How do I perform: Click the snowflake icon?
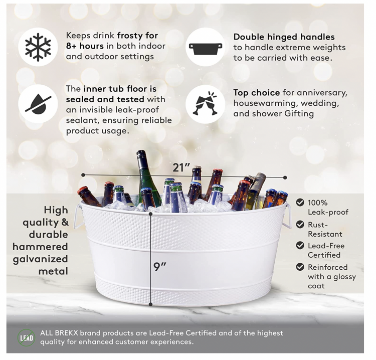tap(38, 47)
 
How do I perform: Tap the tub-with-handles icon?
tap(206, 49)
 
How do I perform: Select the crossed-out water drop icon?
tap(38, 104)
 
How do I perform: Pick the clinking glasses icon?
tap(206, 103)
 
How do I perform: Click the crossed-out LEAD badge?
tap(27, 338)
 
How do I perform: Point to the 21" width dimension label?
tap(181, 167)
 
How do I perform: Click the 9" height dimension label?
tap(160, 266)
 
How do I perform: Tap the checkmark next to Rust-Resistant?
tap(300, 225)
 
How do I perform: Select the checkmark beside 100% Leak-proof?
tap(300, 203)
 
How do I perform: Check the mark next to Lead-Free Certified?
tap(300, 245)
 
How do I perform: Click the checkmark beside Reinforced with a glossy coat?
tap(300, 267)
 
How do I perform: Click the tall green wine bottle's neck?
tap(142, 160)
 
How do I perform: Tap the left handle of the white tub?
tap(78, 217)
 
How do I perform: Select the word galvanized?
tap(40, 260)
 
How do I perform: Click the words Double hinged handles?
tap(284, 37)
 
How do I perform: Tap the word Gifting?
tap(299, 113)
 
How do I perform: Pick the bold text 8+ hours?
tap(85, 46)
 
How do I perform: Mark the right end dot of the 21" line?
tap(285, 177)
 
